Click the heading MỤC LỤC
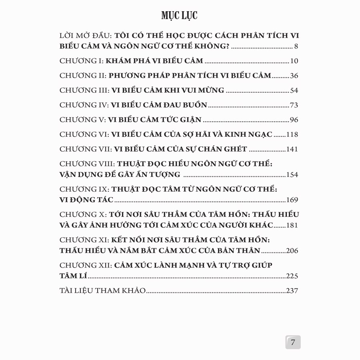pos(180,16)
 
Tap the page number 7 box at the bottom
pos(293,342)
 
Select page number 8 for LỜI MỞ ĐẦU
pos(296,46)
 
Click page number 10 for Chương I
pos(294,61)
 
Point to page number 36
pos(294,76)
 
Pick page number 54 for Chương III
pos(294,91)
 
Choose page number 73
pos(294,106)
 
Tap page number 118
pos(292,135)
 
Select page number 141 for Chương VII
pos(292,150)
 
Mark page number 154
pos(292,175)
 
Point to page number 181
pos(292,226)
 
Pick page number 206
pos(292,251)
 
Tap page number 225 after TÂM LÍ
pos(292,276)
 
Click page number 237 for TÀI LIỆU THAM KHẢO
pos(292,291)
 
